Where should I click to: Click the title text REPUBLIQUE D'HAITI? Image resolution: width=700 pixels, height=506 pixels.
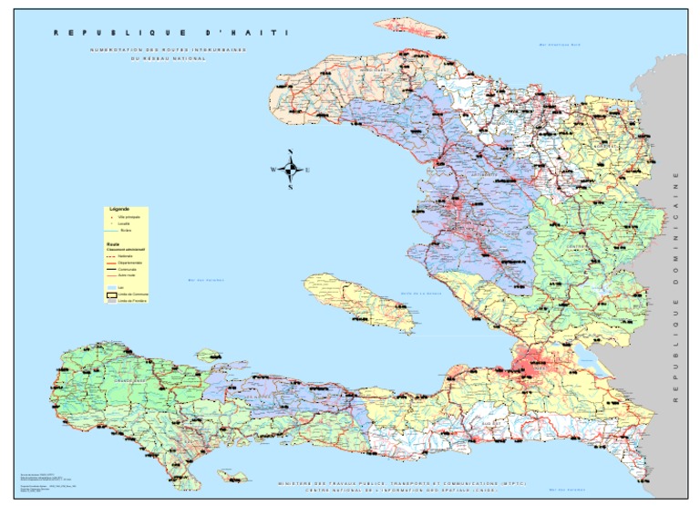click(x=170, y=33)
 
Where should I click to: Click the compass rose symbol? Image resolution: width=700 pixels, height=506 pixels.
click(x=290, y=170)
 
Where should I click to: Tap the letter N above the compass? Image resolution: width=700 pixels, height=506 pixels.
click(x=290, y=152)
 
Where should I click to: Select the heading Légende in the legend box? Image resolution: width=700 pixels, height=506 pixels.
click(x=118, y=210)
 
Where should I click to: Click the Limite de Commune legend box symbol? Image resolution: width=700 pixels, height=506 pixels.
click(x=111, y=294)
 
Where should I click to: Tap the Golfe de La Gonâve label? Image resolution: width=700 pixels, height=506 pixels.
click(x=420, y=293)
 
